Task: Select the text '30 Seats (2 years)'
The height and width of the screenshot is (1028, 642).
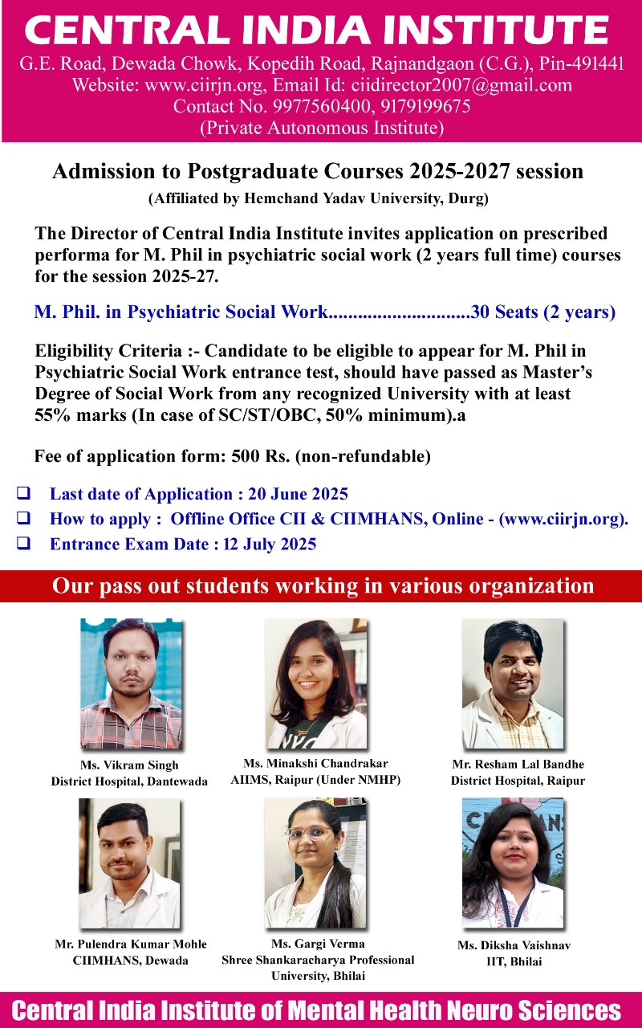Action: (543, 312)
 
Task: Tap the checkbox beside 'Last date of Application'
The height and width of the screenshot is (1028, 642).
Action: (25, 494)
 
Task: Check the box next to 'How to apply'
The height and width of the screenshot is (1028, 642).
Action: (25, 519)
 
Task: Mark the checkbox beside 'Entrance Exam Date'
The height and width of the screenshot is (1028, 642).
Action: (25, 544)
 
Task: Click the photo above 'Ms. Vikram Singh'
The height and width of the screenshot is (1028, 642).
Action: (131, 683)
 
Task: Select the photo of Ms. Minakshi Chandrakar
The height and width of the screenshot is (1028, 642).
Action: (316, 683)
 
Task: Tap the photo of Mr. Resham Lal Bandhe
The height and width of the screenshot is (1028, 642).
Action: (512, 683)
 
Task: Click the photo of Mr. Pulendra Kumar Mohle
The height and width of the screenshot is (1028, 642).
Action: (129, 863)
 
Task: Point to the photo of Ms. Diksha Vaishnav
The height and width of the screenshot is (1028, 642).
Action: (513, 863)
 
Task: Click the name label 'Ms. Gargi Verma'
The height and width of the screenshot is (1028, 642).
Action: (319, 944)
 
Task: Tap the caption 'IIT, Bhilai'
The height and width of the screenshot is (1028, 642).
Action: (514, 961)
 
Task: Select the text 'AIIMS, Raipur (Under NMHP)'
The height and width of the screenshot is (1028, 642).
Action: (315, 780)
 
